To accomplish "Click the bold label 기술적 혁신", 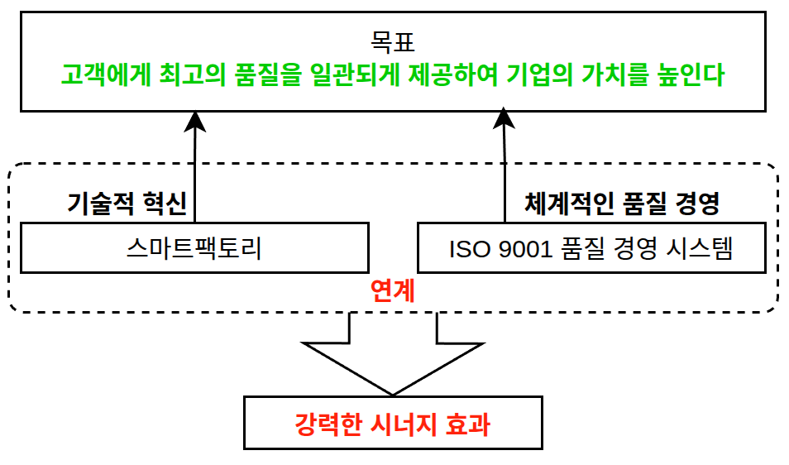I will (126, 204).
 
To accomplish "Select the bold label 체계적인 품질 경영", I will (622, 204).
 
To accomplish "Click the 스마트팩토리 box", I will (194, 247).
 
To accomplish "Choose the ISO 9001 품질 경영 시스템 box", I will (591, 247).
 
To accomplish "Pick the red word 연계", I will (393, 290).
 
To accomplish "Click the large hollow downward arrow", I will (393, 356).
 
